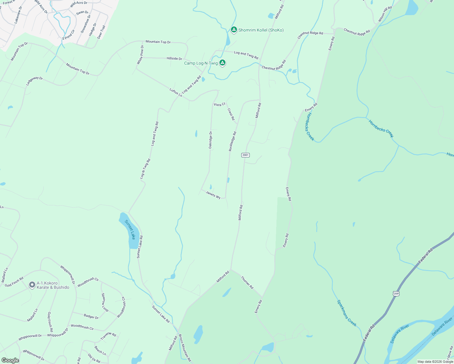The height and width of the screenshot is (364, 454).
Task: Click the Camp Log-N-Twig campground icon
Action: (x=222, y=63)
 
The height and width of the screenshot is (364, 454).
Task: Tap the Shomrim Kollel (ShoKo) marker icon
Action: (x=234, y=30)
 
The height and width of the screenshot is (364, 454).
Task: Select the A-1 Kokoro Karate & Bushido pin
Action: (x=32, y=285)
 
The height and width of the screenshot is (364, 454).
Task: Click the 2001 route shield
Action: (x=245, y=155)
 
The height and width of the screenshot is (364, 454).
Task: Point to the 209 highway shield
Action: (x=396, y=294)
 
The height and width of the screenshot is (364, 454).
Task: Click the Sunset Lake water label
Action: (x=130, y=230)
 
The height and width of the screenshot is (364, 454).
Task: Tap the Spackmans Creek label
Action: (x=347, y=313)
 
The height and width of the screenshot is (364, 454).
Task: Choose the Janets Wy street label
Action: (x=213, y=195)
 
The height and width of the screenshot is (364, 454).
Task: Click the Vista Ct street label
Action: (x=219, y=104)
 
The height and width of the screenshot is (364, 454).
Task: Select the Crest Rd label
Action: (x=231, y=114)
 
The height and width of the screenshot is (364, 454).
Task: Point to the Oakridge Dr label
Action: (x=210, y=140)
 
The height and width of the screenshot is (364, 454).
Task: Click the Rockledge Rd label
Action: (x=232, y=141)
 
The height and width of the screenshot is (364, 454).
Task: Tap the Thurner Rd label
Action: (x=247, y=282)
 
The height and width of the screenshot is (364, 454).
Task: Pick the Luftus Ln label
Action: (x=176, y=93)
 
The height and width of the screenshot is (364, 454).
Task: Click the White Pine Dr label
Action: (x=140, y=55)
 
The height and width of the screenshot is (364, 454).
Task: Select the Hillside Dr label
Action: (x=174, y=59)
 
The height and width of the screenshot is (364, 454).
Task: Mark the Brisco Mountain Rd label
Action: (x=185, y=348)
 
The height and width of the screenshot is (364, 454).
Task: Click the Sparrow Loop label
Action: (x=105, y=302)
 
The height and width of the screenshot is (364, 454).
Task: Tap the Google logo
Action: (x=10, y=360)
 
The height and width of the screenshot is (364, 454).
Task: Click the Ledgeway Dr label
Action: (x=34, y=81)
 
